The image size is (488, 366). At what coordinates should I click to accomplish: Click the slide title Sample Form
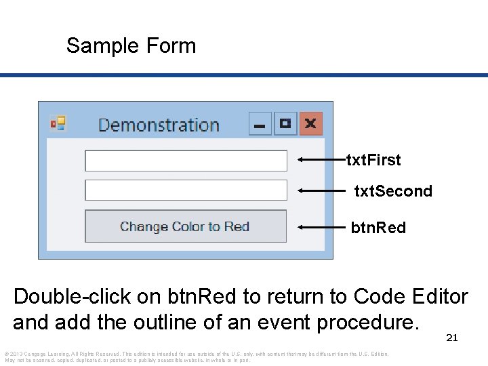point(131,46)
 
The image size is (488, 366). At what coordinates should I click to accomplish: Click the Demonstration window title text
point(159,125)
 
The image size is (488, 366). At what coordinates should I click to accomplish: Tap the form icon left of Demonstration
point(58,123)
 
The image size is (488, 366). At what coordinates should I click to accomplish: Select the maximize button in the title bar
point(285,124)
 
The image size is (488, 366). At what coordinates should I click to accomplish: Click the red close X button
point(310,124)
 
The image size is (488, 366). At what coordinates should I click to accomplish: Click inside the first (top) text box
point(186,161)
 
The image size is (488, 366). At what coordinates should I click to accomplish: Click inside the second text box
point(186,190)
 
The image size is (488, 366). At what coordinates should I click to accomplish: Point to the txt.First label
point(373,160)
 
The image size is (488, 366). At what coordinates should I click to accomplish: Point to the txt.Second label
point(393,191)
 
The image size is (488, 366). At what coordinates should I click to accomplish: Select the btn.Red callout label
point(378,228)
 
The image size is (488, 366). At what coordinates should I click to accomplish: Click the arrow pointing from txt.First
point(321,160)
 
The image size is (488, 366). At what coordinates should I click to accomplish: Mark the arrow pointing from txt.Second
point(321,191)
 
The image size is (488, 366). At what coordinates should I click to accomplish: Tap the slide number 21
point(451,338)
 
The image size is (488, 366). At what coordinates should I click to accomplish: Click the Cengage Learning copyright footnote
point(197,357)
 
